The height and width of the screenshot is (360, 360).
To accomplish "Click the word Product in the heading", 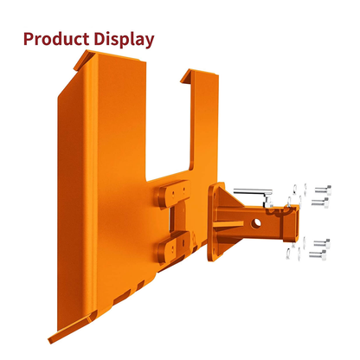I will tap(58, 39).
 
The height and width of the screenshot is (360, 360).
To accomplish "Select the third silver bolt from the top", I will tap(322, 244).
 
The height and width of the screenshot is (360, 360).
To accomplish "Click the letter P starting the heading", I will tap(30, 39).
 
